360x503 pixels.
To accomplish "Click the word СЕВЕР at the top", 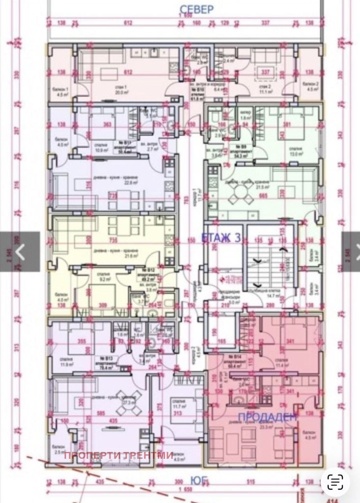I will (196, 9).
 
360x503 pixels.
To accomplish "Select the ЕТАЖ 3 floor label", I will (221, 239).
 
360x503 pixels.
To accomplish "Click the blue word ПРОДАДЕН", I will (268, 418).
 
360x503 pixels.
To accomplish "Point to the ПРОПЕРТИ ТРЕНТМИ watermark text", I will (118, 455).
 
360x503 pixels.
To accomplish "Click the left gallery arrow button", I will (20, 251).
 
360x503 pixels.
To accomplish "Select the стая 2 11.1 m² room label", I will (266, 88).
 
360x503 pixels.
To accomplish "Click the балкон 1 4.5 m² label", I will (60, 92).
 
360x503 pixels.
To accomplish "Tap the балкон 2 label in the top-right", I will (310, 87).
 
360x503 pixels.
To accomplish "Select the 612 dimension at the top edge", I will (128, 23).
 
